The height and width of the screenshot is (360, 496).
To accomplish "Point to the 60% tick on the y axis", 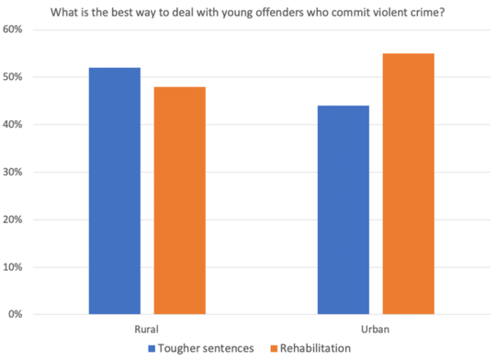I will pyautogui.click(x=13, y=29).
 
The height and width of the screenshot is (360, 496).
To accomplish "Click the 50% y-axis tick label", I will pyautogui.click(x=13, y=77).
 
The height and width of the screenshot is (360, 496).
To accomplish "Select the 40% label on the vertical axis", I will pyautogui.click(x=13, y=125).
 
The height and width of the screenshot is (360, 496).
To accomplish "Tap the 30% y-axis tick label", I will pyautogui.click(x=13, y=172).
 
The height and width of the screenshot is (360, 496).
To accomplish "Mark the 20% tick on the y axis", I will pyautogui.click(x=13, y=219).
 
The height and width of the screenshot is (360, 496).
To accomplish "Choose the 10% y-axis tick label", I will pyautogui.click(x=13, y=267).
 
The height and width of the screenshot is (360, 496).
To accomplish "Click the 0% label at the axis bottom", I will pyautogui.click(x=16, y=315).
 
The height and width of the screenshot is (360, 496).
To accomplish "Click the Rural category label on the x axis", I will pyautogui.click(x=147, y=328).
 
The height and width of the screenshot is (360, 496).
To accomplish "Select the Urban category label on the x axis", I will pyautogui.click(x=376, y=328).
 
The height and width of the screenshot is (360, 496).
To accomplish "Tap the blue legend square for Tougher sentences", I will pyautogui.click(x=153, y=348).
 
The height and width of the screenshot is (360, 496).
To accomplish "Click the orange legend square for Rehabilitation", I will pyautogui.click(x=273, y=348).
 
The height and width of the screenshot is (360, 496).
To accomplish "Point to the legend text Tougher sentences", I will pyautogui.click(x=209, y=348).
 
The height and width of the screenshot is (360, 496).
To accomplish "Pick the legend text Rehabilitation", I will pyautogui.click(x=317, y=348).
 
